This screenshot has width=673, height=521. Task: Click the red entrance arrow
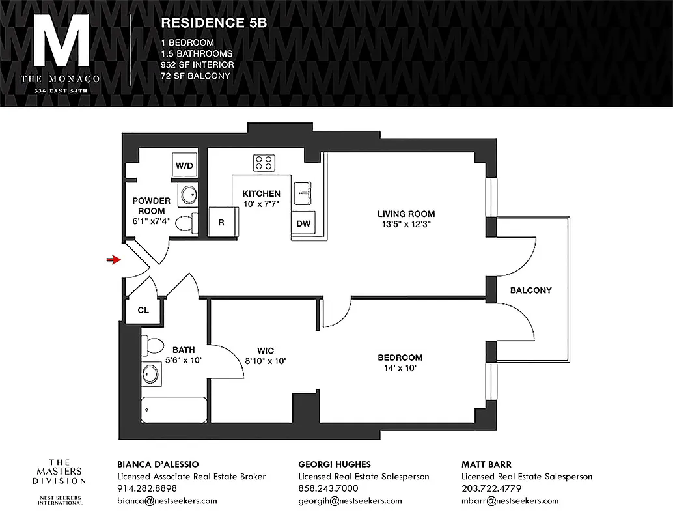click(x=114, y=260)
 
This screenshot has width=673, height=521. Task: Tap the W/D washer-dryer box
click(x=184, y=166)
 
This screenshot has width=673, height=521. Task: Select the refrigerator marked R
click(x=221, y=222)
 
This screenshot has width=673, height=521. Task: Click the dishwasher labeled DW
click(x=303, y=223)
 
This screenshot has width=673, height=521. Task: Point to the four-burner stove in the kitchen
click(x=264, y=162)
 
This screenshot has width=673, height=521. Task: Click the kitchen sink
click(x=303, y=192)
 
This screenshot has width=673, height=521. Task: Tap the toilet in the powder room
click(x=186, y=223)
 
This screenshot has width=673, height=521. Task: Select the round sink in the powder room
click(x=189, y=195)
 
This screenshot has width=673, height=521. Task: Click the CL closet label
click(x=143, y=310)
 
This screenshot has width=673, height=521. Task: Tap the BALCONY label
click(x=530, y=290)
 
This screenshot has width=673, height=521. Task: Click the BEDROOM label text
click(x=400, y=358)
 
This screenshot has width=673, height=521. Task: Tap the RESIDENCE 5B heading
click(x=213, y=22)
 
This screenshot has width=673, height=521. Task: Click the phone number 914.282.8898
click(x=146, y=488)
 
